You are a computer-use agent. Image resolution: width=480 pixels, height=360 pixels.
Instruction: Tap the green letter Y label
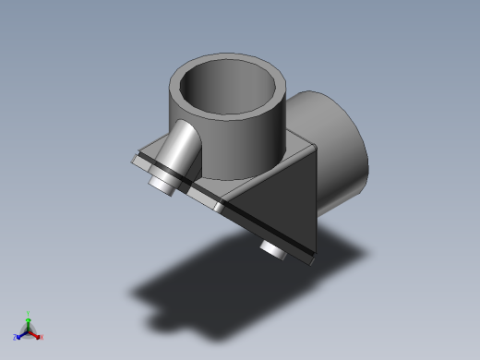click(x=29, y=313)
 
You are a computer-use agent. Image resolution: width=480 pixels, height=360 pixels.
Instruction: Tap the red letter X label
click(x=42, y=337)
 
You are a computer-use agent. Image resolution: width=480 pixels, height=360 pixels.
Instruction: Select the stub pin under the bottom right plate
click(x=273, y=249)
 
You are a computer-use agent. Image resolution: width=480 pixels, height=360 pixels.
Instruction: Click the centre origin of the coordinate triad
click(x=28, y=330)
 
